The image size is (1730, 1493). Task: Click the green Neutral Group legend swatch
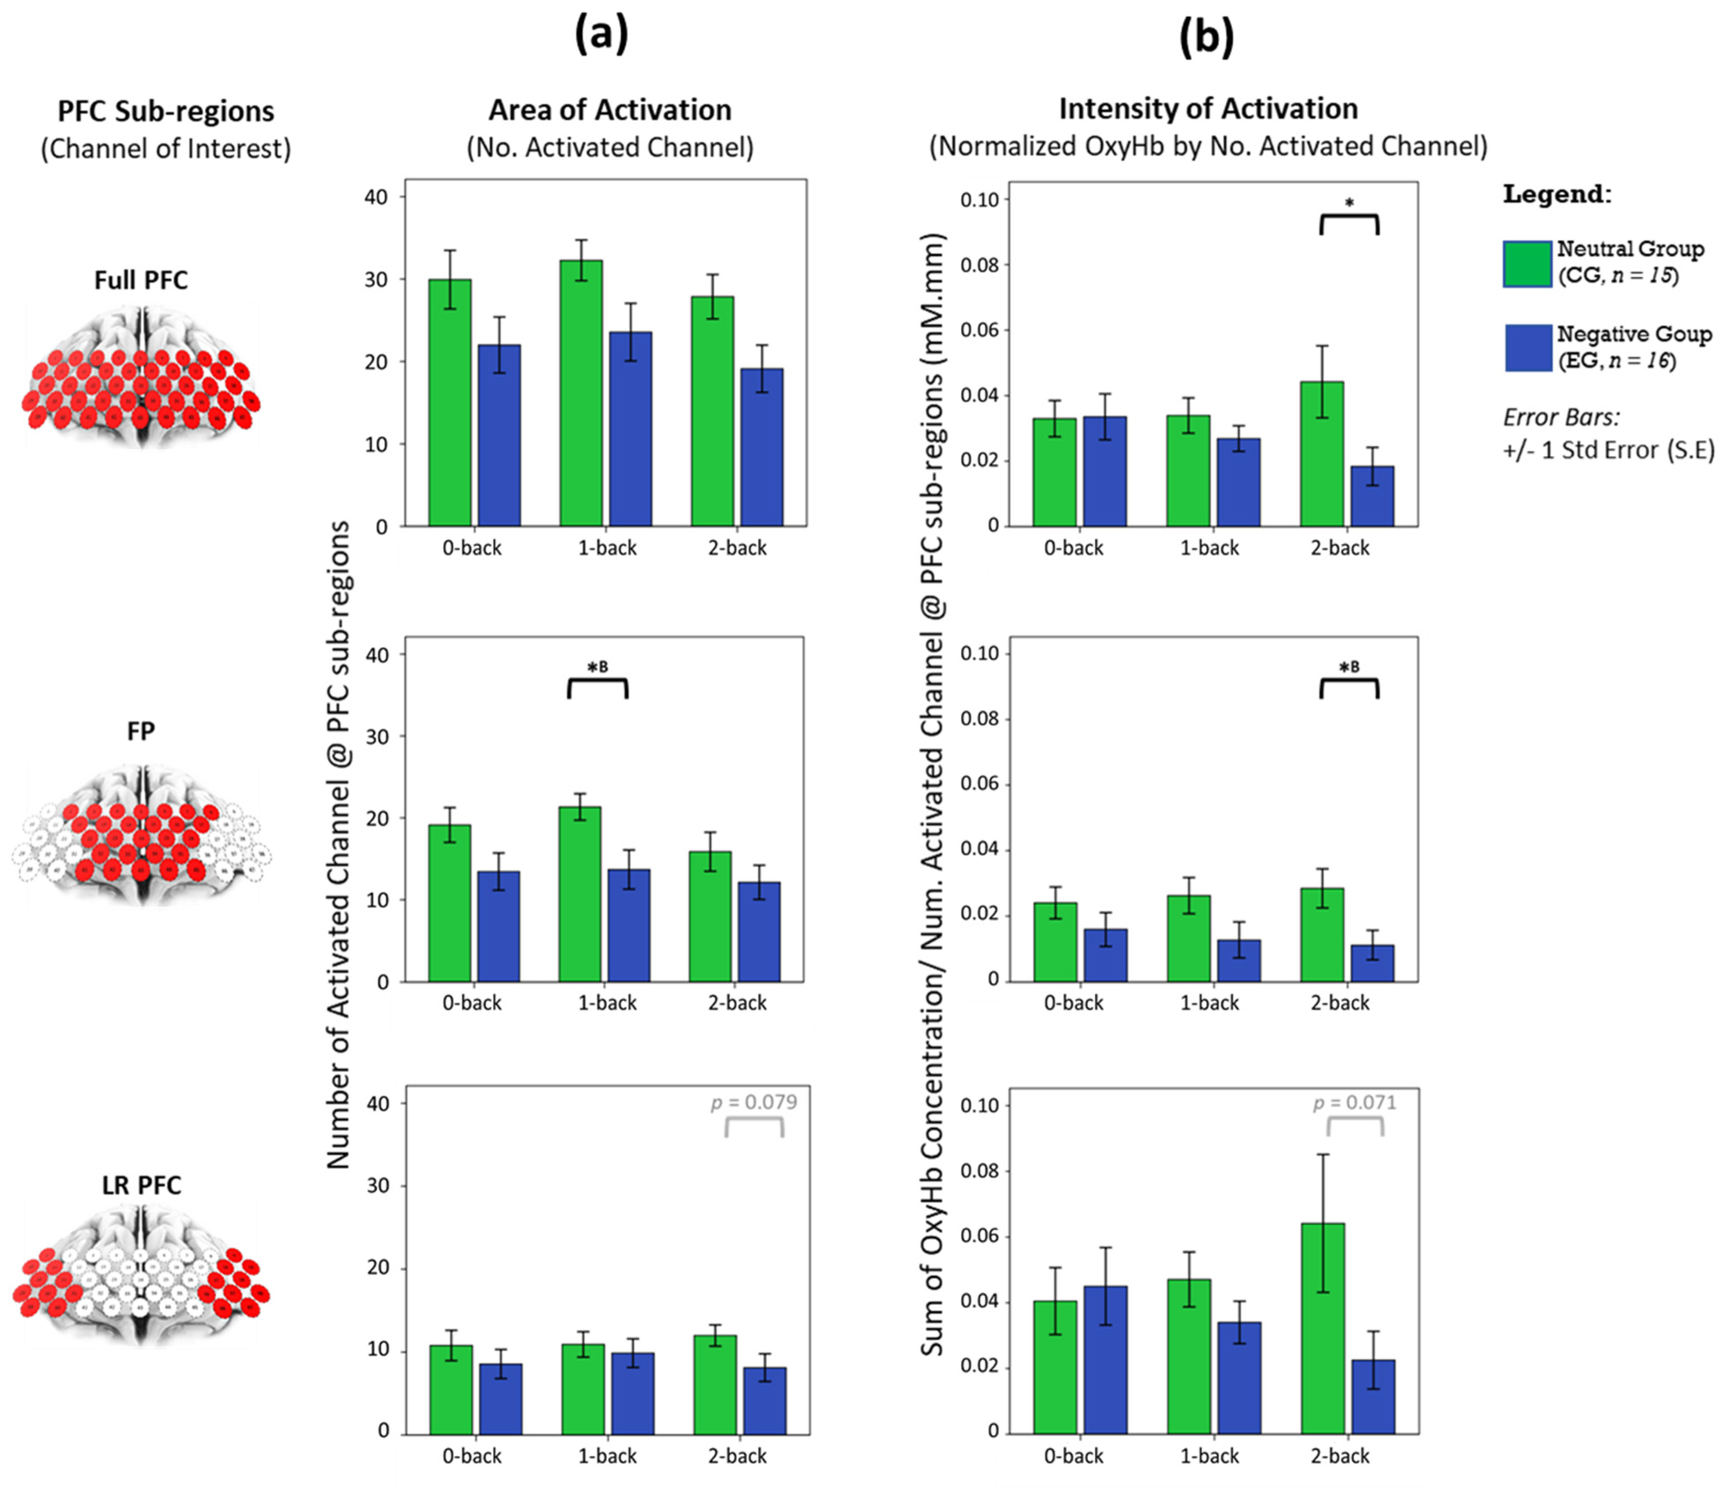(x=1527, y=264)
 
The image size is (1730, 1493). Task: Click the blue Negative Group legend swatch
(x=1527, y=347)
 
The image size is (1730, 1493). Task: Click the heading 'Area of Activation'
(x=609, y=110)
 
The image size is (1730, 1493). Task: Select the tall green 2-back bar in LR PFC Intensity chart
(x=1322, y=1327)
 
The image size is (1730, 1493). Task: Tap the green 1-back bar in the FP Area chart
(x=579, y=893)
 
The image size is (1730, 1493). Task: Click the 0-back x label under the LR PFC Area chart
(x=472, y=1456)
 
